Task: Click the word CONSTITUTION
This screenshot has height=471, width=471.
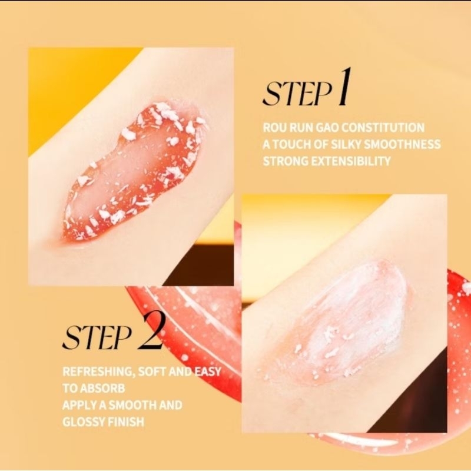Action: pyautogui.click(x=383, y=128)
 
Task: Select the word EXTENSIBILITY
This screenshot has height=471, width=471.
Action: pyautogui.click(x=350, y=161)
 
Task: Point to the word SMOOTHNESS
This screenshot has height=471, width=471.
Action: pyautogui.click(x=402, y=144)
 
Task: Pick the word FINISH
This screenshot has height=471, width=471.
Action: pyautogui.click(x=126, y=422)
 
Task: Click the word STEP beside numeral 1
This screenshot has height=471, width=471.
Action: pyautogui.click(x=297, y=94)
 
